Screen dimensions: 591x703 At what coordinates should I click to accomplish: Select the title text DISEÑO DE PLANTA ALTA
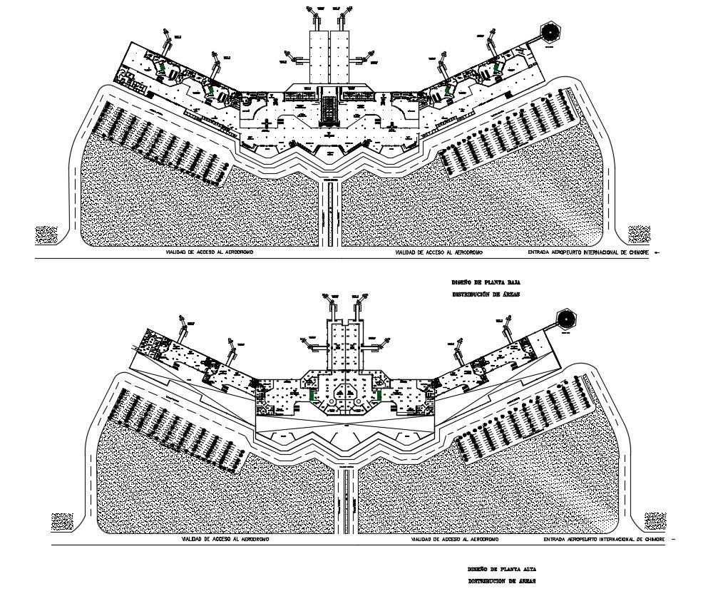pos(497,570)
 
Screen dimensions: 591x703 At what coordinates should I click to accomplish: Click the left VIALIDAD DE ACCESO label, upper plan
pos(210,253)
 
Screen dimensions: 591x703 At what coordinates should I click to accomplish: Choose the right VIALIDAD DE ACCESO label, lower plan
pos(456,540)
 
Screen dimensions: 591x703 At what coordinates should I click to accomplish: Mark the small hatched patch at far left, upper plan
pos(46,235)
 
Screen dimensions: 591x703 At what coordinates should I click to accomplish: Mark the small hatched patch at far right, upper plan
pos(637,235)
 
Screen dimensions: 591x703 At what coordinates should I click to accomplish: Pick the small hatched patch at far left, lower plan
pos(62,522)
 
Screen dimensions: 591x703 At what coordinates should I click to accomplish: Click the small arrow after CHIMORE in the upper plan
pos(656,253)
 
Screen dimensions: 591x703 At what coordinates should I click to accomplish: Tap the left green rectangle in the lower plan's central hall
pos(312,394)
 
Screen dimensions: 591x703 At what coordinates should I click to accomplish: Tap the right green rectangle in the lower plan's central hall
pos(379,394)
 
